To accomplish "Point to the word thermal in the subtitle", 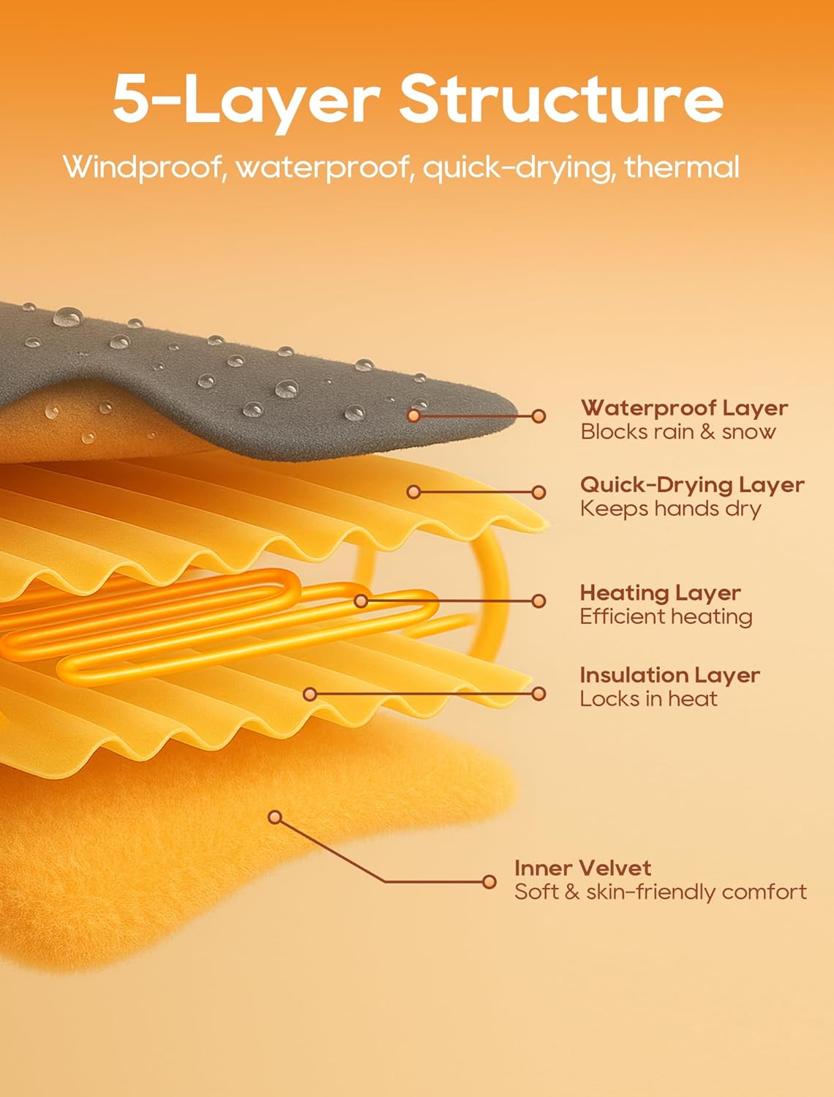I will (x=682, y=167).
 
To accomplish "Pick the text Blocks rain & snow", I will (x=677, y=431).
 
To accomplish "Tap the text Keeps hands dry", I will (x=670, y=508).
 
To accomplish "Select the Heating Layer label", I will (x=660, y=592).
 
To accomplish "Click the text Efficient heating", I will (x=666, y=617).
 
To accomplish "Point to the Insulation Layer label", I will (x=669, y=674).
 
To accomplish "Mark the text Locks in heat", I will (x=648, y=698).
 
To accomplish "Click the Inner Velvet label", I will (x=582, y=868).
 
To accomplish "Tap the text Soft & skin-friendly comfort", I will (x=660, y=891).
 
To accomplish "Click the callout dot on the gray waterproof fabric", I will (x=414, y=415).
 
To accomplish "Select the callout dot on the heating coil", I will (x=361, y=601).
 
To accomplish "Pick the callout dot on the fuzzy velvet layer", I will (x=275, y=817).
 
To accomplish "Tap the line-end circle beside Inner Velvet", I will (x=489, y=881).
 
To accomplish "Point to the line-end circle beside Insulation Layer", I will (x=539, y=693).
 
